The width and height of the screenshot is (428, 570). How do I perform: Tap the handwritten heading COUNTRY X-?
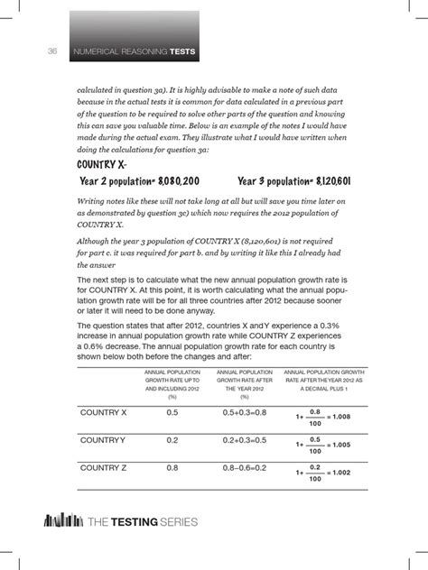[101, 163]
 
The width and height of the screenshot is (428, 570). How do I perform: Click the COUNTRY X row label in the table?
[103, 412]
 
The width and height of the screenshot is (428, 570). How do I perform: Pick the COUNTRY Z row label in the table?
[103, 468]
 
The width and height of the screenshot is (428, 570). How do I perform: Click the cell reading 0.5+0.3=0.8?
[246, 412]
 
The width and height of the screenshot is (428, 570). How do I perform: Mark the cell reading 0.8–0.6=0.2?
[246, 468]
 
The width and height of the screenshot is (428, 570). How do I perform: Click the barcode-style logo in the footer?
[59, 522]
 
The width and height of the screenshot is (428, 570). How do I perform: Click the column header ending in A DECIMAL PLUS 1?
[323, 382]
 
